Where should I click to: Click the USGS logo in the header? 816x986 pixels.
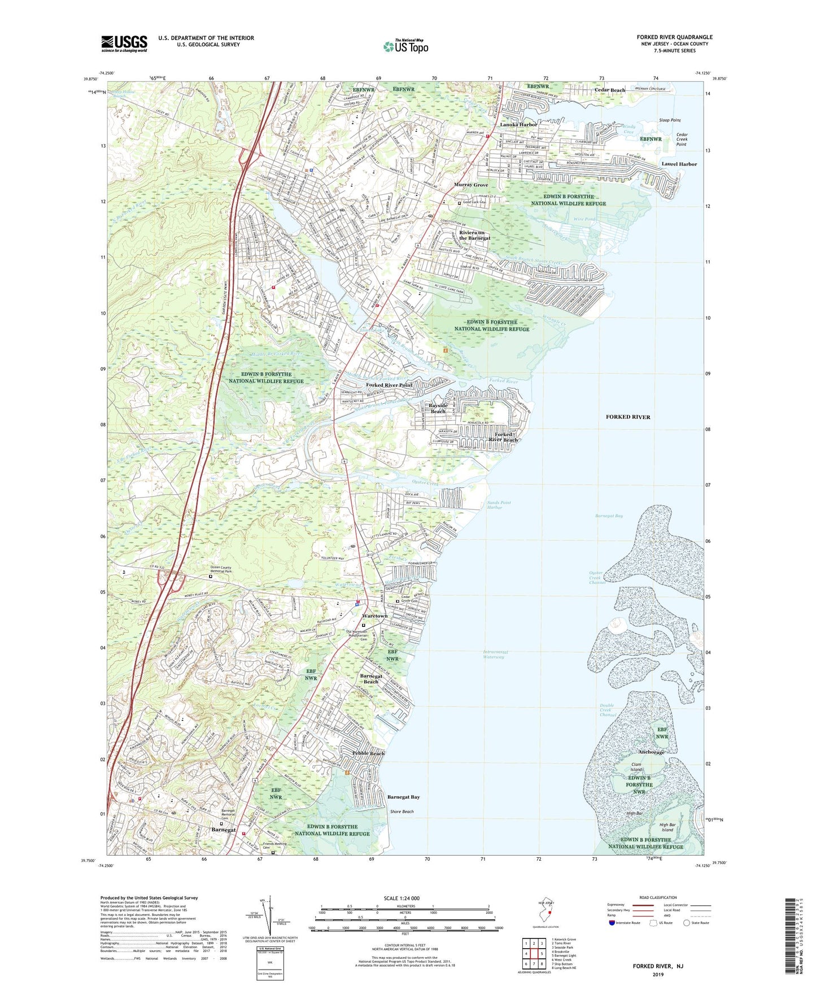[124, 43]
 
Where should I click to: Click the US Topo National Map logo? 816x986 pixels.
[405, 46]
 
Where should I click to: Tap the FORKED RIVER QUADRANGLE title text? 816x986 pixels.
[674, 37]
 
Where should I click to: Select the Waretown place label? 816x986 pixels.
[374, 616]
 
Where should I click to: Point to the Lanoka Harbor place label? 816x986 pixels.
[518, 124]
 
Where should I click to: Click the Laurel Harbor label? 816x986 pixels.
[679, 164]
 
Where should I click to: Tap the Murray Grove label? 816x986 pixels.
[471, 185]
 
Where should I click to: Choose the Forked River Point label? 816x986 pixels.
[389, 385]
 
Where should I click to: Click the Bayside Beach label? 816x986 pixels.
[438, 408]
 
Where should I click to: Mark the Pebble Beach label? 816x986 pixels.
[368, 753]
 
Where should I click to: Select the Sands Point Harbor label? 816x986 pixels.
[499, 505]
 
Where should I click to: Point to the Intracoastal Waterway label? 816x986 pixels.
[496, 655]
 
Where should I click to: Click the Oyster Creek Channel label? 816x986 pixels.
[596, 577]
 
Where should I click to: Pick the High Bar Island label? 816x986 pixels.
[667, 827]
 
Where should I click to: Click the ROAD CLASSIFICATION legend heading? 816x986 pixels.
[658, 897]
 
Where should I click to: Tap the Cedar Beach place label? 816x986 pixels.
[610, 90]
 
